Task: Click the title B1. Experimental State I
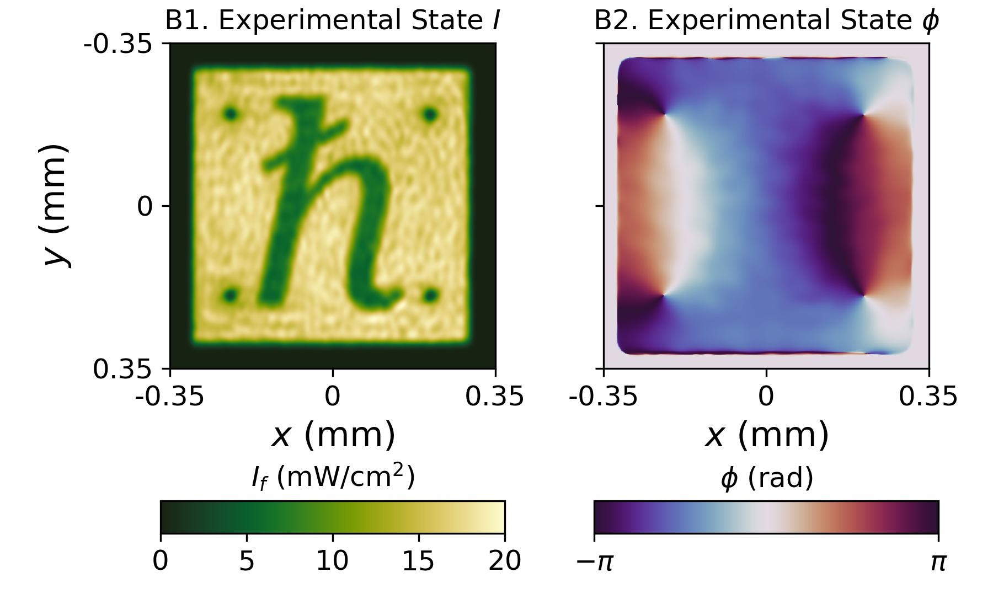[333, 21]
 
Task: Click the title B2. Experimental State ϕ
[766, 21]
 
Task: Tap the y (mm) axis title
[57, 205]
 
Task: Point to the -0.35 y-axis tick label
[117, 43]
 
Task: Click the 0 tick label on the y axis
[145, 207]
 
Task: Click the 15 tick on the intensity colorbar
[419, 561]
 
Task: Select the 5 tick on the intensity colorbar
[247, 561]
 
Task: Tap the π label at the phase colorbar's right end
[938, 562]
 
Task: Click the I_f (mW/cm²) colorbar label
[333, 477]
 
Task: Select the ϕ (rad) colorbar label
[766, 478]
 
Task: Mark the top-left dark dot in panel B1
[231, 114]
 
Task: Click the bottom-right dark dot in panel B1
[430, 296]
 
